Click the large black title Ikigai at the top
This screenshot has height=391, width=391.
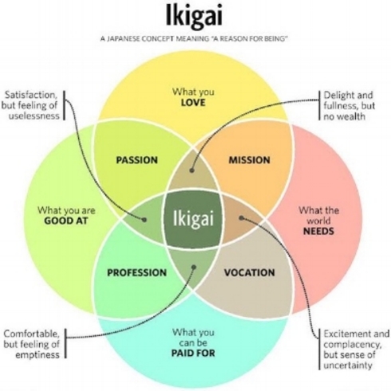pyautogui.click(x=194, y=16)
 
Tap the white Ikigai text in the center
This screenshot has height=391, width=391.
pyautogui.click(x=193, y=219)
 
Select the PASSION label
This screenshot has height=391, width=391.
pyautogui.click(x=137, y=160)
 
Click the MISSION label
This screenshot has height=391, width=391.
pyautogui.click(x=250, y=160)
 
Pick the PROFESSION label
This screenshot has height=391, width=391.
pyautogui.click(x=137, y=273)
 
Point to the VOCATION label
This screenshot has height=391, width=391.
pyautogui.click(x=250, y=273)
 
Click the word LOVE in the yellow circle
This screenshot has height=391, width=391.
pyautogui.click(x=193, y=103)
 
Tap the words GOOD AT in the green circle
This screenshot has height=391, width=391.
pyautogui.click(x=66, y=221)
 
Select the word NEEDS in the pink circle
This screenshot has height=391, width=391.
pyautogui.click(x=318, y=231)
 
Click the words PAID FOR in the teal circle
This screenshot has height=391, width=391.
pyautogui.click(x=193, y=353)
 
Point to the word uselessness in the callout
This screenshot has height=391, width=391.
pyautogui.click(x=34, y=117)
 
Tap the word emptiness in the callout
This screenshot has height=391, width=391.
pyautogui.click(x=38, y=355)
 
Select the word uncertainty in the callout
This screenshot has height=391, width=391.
pyautogui.click(x=348, y=365)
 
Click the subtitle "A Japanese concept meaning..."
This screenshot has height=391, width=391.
pyautogui.click(x=194, y=39)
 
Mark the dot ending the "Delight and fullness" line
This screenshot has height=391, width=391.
pyautogui.click(x=192, y=171)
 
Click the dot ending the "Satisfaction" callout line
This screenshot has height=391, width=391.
pyautogui.click(x=144, y=219)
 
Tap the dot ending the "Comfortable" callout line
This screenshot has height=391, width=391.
pyautogui.click(x=194, y=267)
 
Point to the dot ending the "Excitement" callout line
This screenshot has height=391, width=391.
pyautogui.click(x=241, y=218)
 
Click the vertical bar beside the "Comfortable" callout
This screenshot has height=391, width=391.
pyautogui.click(x=65, y=344)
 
